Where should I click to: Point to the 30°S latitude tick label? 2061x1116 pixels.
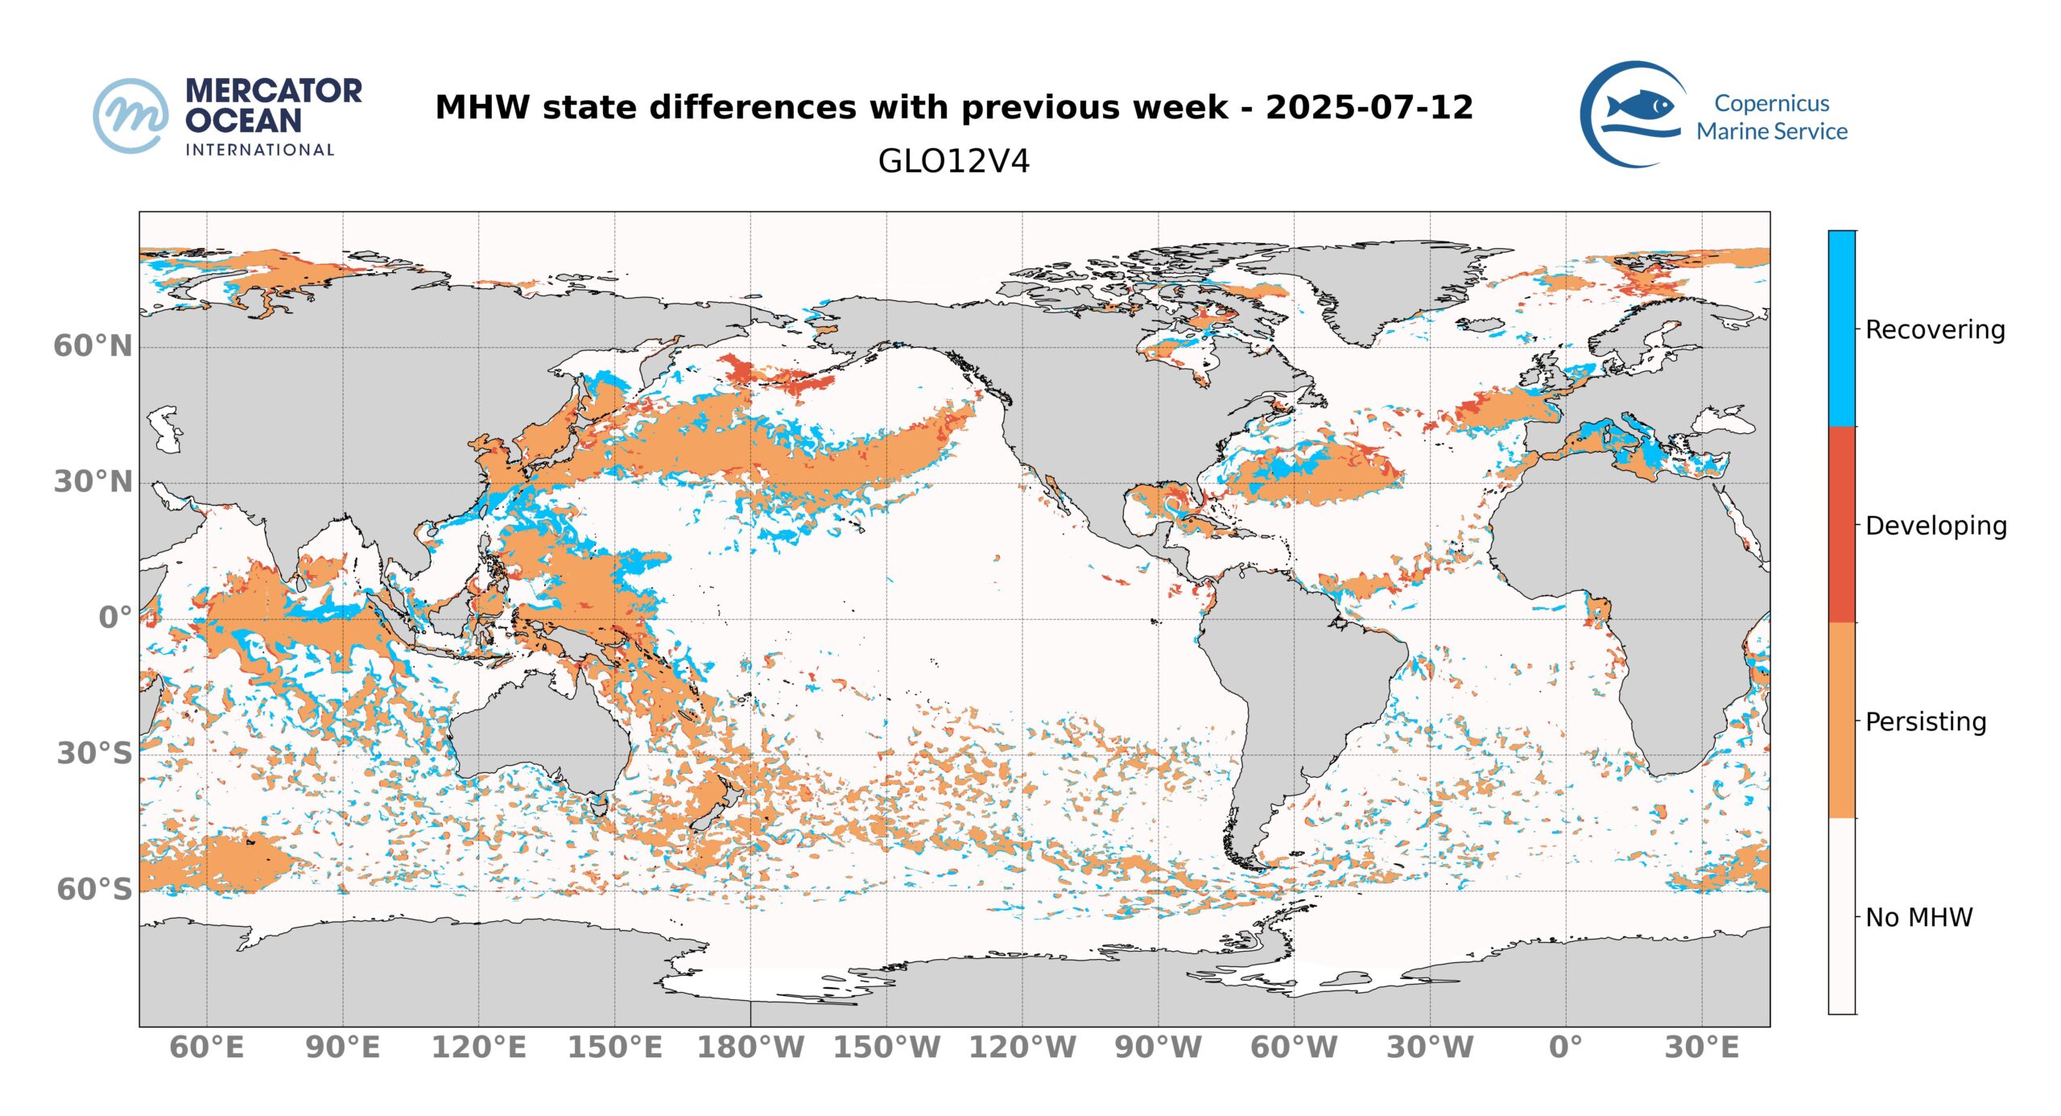[93, 754]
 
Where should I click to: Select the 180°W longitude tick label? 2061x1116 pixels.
[750, 1048]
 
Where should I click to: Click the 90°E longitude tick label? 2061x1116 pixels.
[342, 1048]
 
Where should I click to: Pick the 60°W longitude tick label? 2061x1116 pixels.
[1294, 1048]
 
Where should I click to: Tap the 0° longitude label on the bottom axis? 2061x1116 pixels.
[1565, 1048]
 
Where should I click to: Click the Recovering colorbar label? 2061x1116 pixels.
[1935, 329]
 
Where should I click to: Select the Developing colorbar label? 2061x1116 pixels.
[1935, 526]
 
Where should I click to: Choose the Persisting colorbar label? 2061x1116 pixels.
[1926, 721]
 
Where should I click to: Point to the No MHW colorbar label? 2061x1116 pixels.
[1919, 917]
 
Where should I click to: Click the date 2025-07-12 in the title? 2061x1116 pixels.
[1369, 108]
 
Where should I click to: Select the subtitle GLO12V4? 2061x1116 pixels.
[953, 161]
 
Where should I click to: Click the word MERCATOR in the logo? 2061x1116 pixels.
[274, 91]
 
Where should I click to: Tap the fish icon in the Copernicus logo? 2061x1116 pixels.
[1639, 106]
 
